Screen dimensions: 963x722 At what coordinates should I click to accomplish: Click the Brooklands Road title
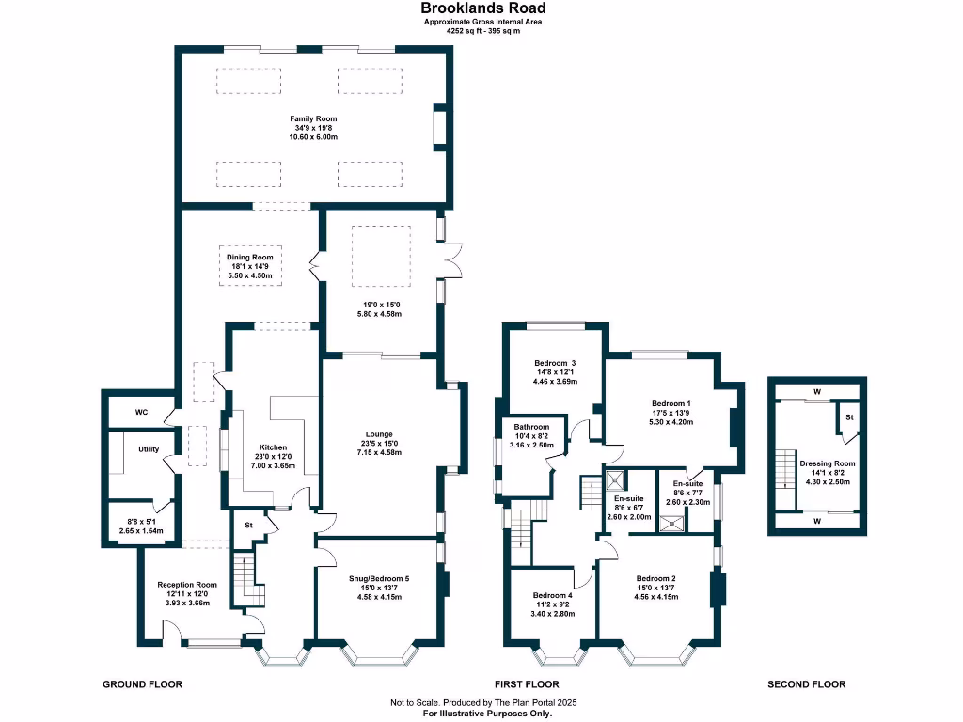point(482,8)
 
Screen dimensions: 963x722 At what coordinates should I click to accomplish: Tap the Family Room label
point(313,118)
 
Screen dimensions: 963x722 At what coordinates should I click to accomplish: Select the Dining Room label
point(250,258)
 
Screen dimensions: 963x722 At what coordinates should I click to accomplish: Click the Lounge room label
point(379,434)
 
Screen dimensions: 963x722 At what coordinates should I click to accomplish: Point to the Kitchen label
point(273,447)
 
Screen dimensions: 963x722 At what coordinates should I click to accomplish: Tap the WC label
point(141,412)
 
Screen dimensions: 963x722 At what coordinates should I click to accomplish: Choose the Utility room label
point(149,449)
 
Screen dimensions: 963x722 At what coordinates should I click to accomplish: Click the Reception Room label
point(187,585)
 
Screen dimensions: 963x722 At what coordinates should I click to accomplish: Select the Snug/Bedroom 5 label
point(379,578)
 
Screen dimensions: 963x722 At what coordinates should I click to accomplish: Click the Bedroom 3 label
point(555,363)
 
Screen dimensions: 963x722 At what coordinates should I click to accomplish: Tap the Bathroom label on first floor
point(532,427)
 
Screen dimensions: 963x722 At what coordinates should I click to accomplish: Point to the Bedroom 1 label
point(671,403)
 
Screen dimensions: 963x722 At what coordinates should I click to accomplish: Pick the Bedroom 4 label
point(553,595)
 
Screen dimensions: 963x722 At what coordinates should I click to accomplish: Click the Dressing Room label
point(828,463)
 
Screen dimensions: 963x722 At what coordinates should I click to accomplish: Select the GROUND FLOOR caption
point(143,684)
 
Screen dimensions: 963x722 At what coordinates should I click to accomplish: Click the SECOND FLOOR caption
point(806,684)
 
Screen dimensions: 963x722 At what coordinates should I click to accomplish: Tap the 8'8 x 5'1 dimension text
point(141,521)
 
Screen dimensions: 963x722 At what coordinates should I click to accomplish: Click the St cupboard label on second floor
point(849,417)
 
